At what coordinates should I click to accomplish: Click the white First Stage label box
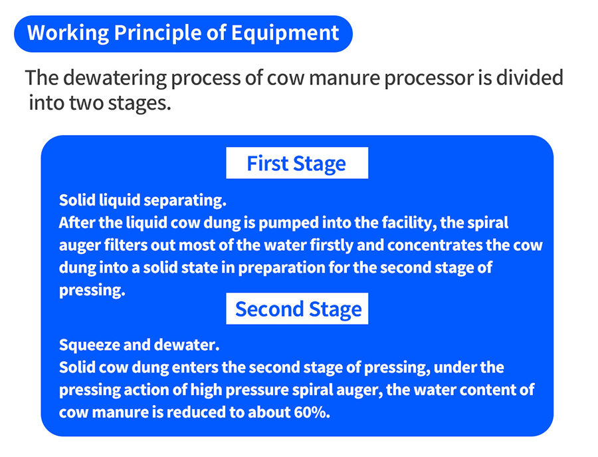point(297,162)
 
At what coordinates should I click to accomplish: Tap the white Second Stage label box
point(297,309)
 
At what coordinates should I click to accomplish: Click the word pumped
point(288,223)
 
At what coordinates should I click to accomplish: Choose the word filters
point(125,245)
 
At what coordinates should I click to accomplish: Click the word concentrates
point(435,245)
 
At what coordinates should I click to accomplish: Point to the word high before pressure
point(206,390)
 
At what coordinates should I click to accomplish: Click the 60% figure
point(311,412)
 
